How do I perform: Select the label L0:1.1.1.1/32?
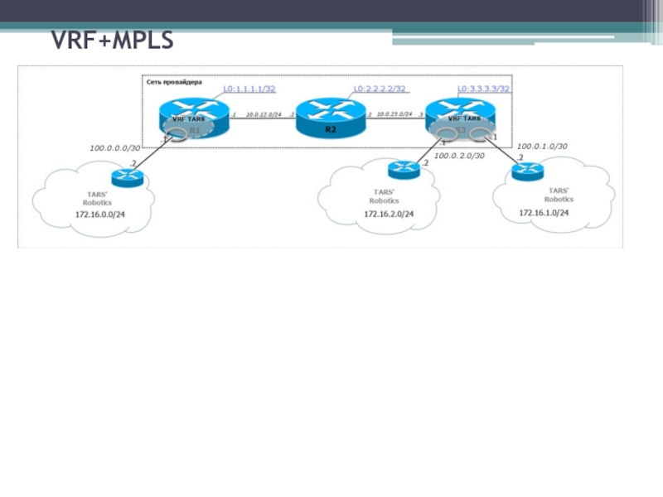click(x=249, y=89)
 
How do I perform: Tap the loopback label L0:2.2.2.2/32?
click(x=379, y=89)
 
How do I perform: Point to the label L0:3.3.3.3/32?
click(x=483, y=89)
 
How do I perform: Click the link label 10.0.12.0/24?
click(x=263, y=114)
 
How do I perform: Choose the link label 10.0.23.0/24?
click(x=394, y=114)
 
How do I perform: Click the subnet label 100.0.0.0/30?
click(x=116, y=147)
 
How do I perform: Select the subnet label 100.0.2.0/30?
click(x=459, y=156)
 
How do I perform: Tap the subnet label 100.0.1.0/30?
click(x=542, y=147)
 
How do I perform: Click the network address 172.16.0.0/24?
click(x=100, y=215)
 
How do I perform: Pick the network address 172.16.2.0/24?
click(x=388, y=214)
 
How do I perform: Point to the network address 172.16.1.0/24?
click(x=544, y=212)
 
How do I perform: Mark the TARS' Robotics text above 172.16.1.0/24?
click(x=558, y=195)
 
